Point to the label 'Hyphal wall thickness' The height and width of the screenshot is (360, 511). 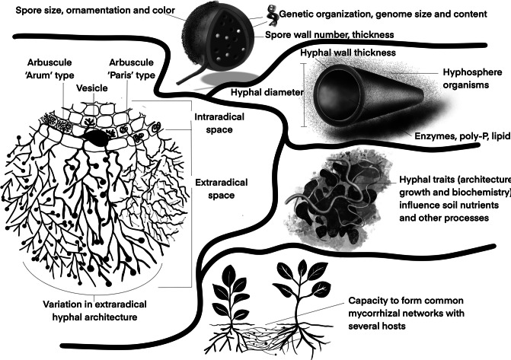[x=349, y=53]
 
